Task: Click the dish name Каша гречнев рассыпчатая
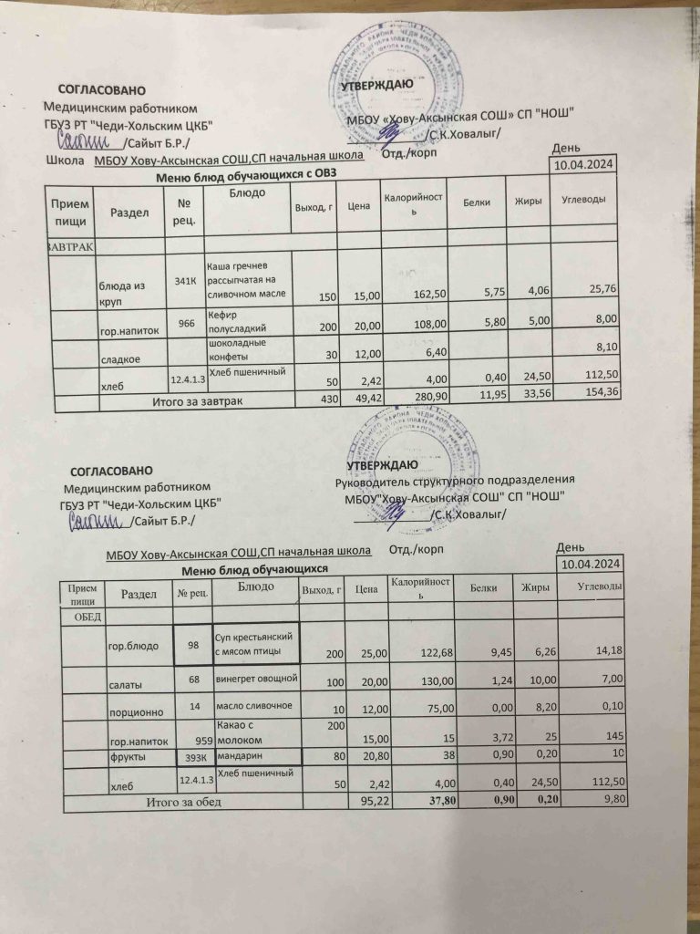tap(248, 277)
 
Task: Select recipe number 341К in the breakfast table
tap(185, 279)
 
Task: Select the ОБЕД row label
tap(79, 617)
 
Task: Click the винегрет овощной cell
tap(252, 680)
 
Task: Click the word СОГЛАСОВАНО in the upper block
tap(100, 90)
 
